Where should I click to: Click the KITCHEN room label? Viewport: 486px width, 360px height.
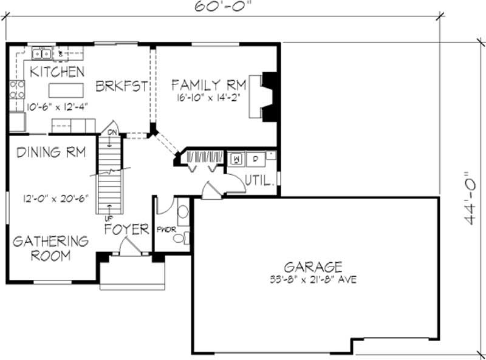[x=57, y=72]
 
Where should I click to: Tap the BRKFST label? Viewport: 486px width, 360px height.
[x=122, y=87]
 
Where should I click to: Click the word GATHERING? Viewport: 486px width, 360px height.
[x=50, y=240]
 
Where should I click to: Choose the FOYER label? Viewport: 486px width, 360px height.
[x=126, y=229]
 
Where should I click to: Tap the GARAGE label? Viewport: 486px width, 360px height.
[x=313, y=267]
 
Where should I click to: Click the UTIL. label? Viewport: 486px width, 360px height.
[x=261, y=180]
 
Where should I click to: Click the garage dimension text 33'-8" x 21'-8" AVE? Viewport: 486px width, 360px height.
[x=313, y=280]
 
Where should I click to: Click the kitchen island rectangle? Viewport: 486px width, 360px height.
[x=65, y=90]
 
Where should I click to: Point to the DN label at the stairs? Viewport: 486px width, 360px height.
[x=112, y=132]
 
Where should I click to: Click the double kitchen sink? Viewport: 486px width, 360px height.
[x=41, y=53]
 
